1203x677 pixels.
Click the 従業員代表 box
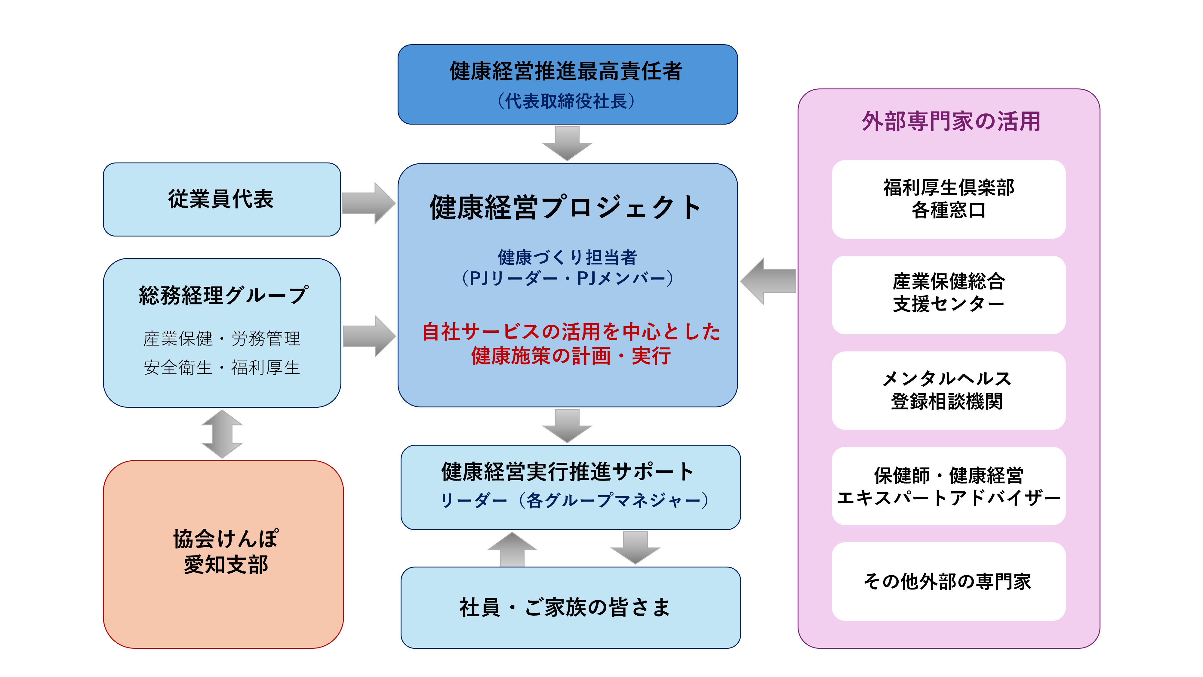click(221, 199)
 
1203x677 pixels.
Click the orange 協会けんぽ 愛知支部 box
click(223, 554)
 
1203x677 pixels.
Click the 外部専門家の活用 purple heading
click(951, 122)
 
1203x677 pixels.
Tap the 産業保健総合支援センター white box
click(948, 294)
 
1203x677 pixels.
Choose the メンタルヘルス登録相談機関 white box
click(948, 390)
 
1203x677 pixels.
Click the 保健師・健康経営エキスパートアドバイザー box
click(948, 486)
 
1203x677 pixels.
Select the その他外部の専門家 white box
click(948, 581)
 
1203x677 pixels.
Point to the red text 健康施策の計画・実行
click(571, 356)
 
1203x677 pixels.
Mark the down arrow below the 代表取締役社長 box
click(567, 143)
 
